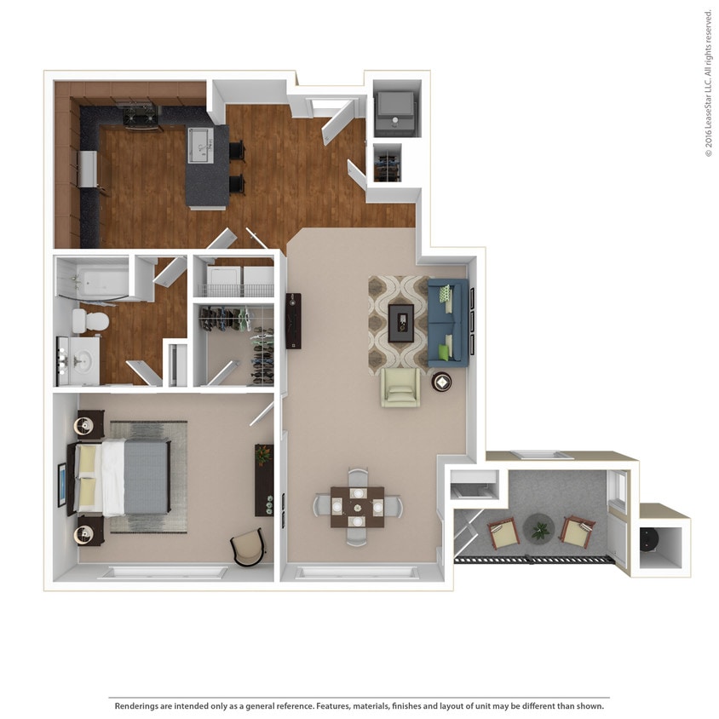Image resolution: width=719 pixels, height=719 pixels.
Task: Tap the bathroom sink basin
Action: pos(83,361)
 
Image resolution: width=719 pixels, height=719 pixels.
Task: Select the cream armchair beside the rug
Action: pos(400,388)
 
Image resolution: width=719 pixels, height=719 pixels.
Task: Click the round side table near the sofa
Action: pos(443,383)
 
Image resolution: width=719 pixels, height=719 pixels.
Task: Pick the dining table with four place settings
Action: pos(357,507)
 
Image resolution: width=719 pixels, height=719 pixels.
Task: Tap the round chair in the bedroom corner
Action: pos(248,546)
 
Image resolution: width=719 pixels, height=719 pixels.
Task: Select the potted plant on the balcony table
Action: pos(538,530)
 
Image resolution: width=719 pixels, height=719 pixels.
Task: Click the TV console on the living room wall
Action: pos(294,320)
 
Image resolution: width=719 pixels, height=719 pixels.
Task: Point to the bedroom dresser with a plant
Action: pos(264,480)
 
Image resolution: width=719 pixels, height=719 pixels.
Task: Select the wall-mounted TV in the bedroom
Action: pos(61,485)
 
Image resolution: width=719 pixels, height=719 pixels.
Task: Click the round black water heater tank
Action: pos(652,542)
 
